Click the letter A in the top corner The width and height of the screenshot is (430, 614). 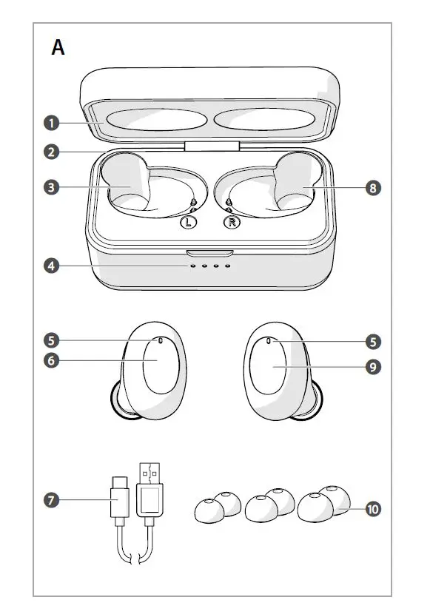58,48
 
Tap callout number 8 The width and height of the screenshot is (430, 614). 374,188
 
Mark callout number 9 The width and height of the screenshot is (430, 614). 374,366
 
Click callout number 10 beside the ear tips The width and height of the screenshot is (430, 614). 374,509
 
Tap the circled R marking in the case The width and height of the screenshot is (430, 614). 232,222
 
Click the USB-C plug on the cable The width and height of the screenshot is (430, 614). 119,501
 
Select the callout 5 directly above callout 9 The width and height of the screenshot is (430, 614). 374,341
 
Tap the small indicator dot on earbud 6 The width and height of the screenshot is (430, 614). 161,341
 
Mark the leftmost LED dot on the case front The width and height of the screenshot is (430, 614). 192,266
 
